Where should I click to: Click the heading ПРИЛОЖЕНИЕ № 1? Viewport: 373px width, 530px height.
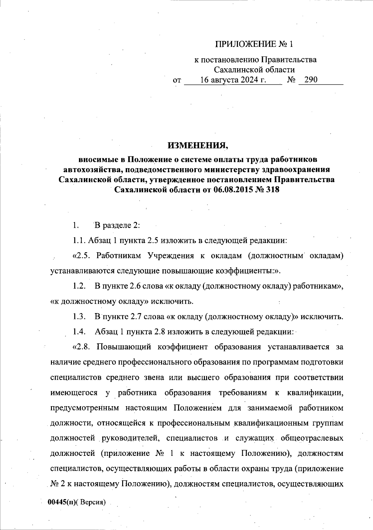click(254, 44)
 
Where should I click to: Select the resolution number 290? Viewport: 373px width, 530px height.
click(311, 80)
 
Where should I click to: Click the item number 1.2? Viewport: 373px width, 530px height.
click(79, 286)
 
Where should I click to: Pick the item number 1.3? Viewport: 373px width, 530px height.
click(79, 317)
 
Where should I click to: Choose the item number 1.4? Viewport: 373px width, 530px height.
click(79, 332)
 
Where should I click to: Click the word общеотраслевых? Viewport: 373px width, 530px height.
click(312, 438)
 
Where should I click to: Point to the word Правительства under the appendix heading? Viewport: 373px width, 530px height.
click(289, 60)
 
